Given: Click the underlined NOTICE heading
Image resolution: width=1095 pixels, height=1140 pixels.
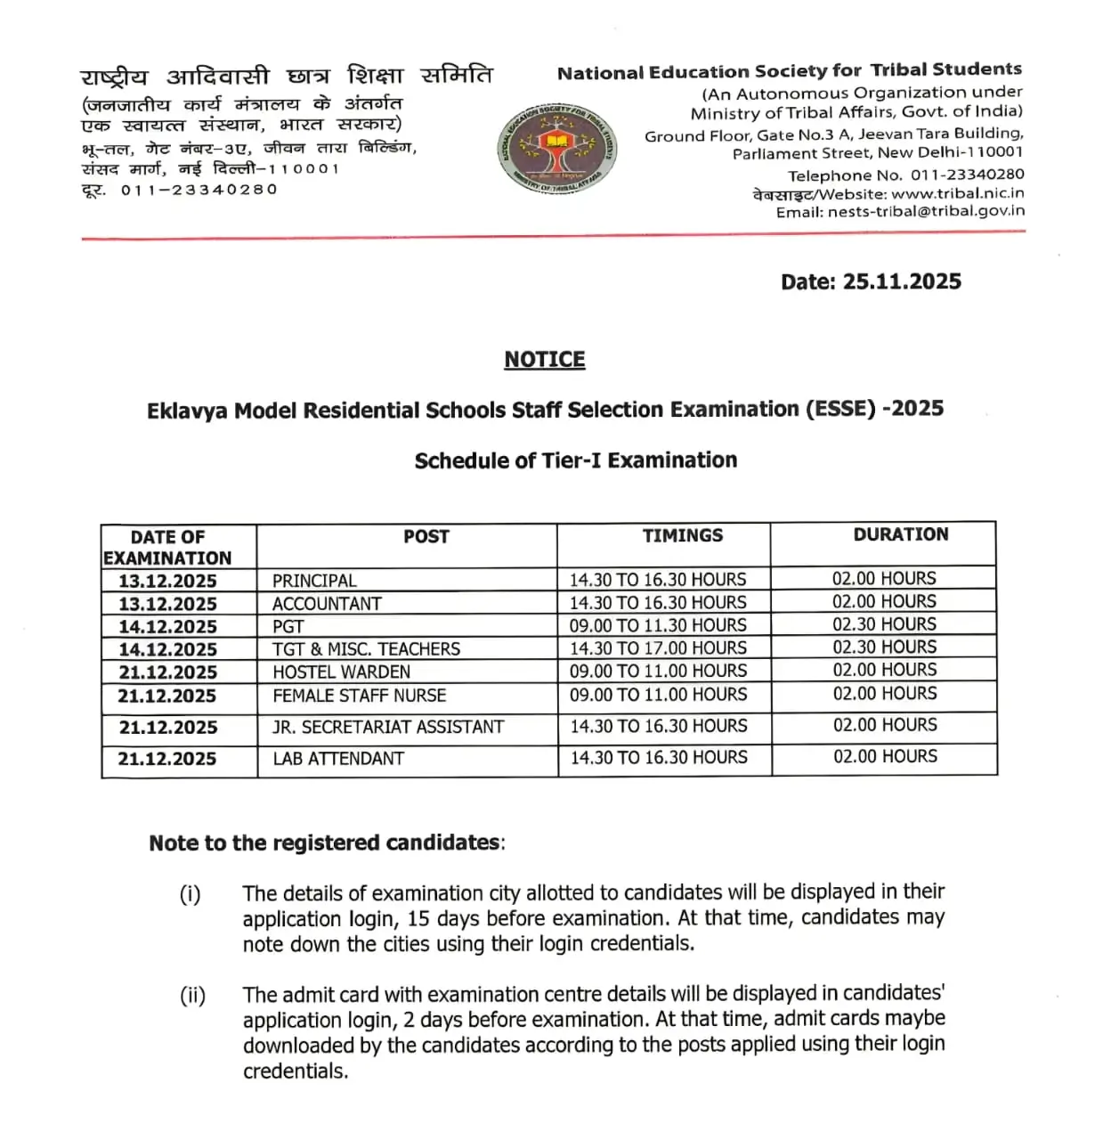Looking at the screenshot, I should click(544, 360).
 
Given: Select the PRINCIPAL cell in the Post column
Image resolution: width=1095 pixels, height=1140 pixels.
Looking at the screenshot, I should click(314, 581).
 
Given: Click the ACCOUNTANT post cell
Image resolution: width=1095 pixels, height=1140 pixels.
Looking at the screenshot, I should click(327, 604).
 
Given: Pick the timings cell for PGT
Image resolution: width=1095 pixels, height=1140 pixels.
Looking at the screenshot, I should click(658, 626).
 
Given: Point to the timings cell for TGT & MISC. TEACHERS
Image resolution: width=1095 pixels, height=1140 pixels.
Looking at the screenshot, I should click(658, 648).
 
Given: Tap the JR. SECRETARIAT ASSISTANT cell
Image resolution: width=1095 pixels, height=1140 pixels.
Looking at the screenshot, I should click(388, 727).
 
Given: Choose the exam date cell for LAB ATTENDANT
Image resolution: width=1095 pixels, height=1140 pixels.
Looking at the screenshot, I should click(167, 759).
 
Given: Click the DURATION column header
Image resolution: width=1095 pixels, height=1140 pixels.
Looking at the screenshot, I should click(900, 534).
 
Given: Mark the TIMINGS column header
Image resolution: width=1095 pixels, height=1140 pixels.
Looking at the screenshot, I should click(683, 535).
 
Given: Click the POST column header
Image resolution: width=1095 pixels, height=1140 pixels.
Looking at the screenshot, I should click(426, 536).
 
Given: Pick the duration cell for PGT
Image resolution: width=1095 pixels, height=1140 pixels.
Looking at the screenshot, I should click(884, 624).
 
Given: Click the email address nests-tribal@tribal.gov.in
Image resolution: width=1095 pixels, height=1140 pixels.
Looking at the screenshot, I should click(926, 212).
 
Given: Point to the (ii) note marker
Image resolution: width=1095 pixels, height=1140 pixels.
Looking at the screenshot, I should click(192, 996).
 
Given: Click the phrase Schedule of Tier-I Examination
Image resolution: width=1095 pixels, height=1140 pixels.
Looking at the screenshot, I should click(575, 460).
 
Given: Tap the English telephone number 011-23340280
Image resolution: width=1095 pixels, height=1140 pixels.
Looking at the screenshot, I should click(967, 175).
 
